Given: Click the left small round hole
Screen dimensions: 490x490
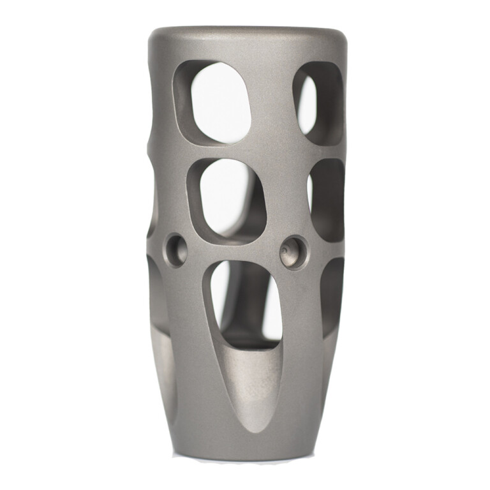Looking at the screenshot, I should [175, 249].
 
